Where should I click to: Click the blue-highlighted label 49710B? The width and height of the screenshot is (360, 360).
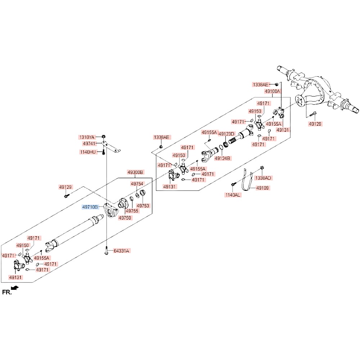(x=90, y=207)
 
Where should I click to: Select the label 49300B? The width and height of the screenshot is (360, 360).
(x=135, y=172)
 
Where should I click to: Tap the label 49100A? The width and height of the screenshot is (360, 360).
(x=272, y=91)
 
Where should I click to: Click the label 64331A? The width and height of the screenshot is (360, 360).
(x=122, y=251)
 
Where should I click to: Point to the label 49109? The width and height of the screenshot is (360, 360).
(x=262, y=188)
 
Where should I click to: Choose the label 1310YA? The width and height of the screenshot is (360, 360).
(x=86, y=137)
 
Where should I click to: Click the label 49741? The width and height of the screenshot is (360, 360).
(x=89, y=144)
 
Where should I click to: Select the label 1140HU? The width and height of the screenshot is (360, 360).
(x=88, y=152)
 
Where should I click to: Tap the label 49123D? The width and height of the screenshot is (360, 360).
(x=226, y=134)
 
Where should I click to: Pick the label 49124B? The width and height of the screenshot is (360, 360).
(x=222, y=158)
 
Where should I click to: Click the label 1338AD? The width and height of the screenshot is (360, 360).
(x=263, y=178)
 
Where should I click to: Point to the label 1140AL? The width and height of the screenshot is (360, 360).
(x=233, y=195)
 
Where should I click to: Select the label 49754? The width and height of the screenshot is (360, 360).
(x=137, y=184)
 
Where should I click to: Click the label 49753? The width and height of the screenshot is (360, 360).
(x=143, y=206)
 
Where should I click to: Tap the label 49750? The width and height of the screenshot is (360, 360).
(x=125, y=218)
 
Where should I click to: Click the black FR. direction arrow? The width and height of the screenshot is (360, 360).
(x=15, y=287)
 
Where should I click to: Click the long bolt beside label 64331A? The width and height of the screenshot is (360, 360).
(x=107, y=250)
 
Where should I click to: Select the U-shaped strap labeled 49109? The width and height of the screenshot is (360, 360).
(x=247, y=180)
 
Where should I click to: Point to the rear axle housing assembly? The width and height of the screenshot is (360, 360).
(x=318, y=93)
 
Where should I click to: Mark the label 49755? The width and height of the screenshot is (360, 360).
(x=132, y=211)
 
